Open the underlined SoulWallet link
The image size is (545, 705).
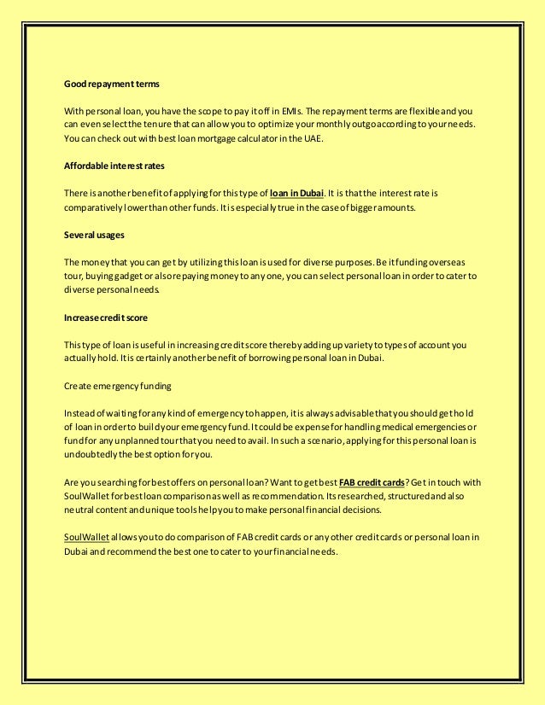click(x=83, y=536)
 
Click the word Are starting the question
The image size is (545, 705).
click(x=72, y=482)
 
